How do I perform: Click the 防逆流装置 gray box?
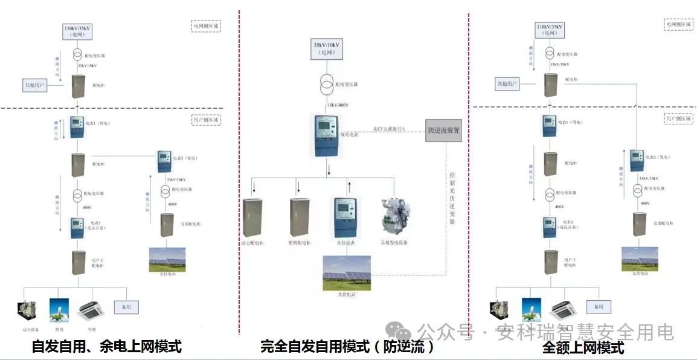tap(443, 130)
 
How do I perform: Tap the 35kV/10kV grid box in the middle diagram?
tap(327, 48)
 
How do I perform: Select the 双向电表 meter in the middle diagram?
tap(326, 135)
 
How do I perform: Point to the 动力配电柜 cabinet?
tap(254, 218)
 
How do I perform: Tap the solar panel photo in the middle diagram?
tap(347, 273)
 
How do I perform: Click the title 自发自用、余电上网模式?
tap(106, 347)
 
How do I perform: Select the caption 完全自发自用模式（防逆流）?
tap(347, 347)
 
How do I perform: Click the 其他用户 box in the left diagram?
tap(34, 84)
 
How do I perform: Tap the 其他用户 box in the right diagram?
tap(507, 83)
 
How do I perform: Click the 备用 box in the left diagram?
tap(126, 307)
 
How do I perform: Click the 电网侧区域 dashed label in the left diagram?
tap(206, 26)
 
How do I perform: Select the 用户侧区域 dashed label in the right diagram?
tap(678, 119)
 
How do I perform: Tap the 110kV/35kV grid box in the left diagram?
tap(78, 31)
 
